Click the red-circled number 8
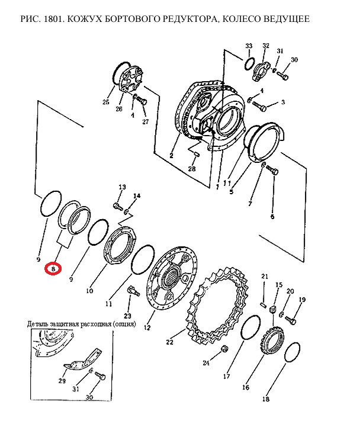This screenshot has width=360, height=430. click(x=53, y=269)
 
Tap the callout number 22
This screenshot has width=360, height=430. click(x=170, y=342)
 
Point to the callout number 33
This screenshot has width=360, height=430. click(x=249, y=46)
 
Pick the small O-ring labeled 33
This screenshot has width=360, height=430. click(x=250, y=63)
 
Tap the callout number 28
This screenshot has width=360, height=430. click(x=192, y=168)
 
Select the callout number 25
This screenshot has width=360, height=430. click(x=106, y=102)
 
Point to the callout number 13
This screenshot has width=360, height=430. click(x=122, y=187)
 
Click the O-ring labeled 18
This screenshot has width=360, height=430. click(x=292, y=352)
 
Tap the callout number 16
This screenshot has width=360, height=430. click(x=246, y=387)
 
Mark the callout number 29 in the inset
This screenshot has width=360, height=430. click(x=62, y=381)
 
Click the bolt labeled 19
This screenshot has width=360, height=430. click(x=290, y=320)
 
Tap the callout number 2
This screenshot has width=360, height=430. click(x=171, y=156)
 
